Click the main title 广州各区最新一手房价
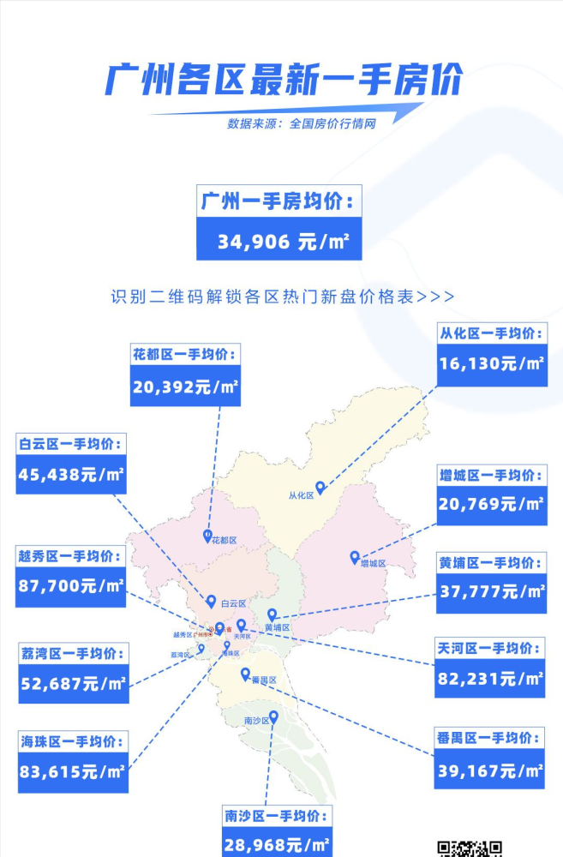(282, 81)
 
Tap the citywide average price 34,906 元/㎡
(279, 242)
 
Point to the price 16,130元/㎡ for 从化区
(491, 363)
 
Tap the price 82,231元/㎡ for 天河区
(491, 679)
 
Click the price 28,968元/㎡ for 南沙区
(277, 845)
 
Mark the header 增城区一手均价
(491, 475)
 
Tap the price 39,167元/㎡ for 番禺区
(491, 770)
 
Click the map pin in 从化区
(320, 487)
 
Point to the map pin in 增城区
(354, 557)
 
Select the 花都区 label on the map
(225, 540)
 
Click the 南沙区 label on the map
(256, 721)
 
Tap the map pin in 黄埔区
(272, 614)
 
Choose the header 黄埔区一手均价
(491, 563)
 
